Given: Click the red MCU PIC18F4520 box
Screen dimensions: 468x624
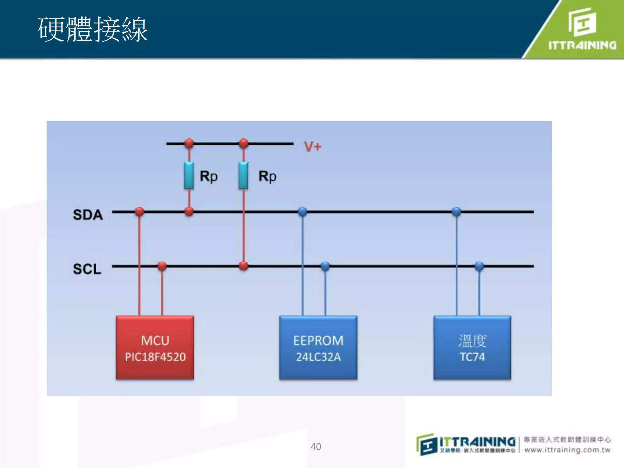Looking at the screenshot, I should click(155, 348).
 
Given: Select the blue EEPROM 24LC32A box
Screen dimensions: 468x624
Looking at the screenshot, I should click(318, 348).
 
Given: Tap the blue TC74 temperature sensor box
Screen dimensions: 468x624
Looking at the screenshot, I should click(472, 348).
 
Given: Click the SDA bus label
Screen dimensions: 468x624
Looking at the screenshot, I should click(88, 215).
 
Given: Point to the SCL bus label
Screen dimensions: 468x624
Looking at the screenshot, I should click(87, 269).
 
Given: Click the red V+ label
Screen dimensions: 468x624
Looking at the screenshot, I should click(313, 147).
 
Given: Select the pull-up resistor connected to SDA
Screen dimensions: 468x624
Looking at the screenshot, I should click(189, 176).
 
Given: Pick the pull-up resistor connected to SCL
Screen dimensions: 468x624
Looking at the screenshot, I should click(243, 176).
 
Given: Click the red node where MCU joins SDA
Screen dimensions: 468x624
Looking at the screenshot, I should click(140, 211).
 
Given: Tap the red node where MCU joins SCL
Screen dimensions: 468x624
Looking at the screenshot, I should click(162, 266).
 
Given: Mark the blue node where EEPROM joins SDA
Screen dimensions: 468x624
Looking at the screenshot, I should click(302, 211).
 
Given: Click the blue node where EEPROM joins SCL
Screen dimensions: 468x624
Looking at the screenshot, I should click(325, 266).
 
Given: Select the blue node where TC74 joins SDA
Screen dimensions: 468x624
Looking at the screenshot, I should click(456, 211).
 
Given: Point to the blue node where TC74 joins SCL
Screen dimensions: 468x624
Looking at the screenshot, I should click(479, 266).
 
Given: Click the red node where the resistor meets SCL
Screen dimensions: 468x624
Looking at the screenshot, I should click(243, 266).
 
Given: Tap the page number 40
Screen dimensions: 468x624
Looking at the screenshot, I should click(316, 447).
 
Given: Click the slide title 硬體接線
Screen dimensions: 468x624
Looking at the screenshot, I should click(93, 30).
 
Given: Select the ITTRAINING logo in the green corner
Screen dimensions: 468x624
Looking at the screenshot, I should click(582, 29).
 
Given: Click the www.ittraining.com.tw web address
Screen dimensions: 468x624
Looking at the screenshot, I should click(567, 450).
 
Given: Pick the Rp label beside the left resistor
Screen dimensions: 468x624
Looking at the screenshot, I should click(209, 176).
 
